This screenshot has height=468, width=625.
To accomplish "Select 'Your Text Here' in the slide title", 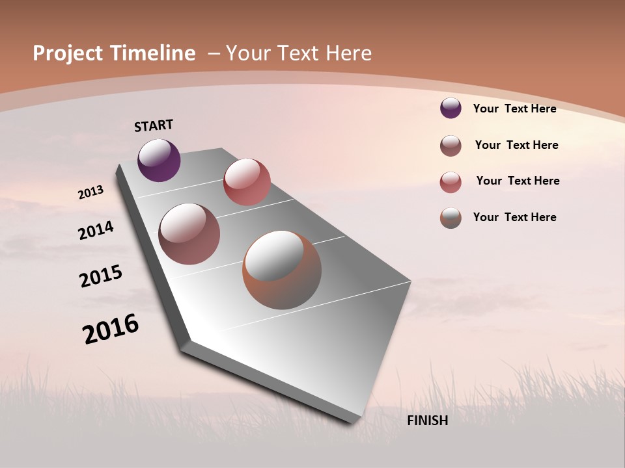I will point(299,53).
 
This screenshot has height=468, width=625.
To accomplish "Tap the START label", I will point(154,125).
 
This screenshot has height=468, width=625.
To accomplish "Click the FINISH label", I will point(428,421).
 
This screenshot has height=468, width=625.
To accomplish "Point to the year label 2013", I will point(91,192).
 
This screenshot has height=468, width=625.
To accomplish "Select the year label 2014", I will point(96,230).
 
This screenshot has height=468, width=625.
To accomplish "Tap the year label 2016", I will point(111,329).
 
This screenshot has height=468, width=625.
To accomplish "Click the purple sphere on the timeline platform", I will point(159,160).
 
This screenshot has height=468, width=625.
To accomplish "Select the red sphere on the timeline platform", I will point(247,181).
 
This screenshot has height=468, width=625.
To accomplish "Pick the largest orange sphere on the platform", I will point(282,270).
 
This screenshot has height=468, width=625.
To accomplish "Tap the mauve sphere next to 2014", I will point(189,234).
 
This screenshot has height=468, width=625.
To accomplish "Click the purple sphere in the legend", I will point(451,109).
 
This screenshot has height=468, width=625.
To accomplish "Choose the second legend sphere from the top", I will point(451,146).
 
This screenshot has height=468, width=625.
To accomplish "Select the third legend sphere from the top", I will point(451,182).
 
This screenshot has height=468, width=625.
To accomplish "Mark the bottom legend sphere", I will point(451,218).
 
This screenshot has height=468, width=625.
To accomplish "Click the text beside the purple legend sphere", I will point(514,109).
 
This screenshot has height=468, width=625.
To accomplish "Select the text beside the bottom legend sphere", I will point(514,217).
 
